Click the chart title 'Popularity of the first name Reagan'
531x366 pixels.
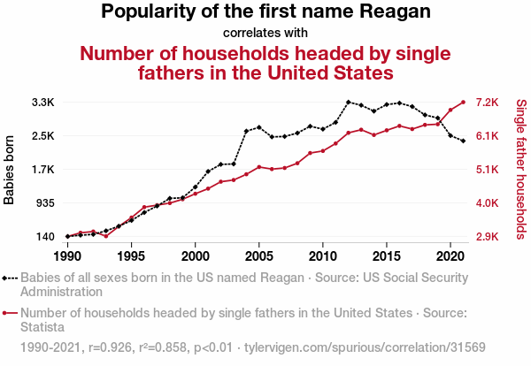[265, 12]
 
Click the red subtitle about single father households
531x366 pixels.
[266, 62]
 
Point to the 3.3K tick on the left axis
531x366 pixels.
[42, 103]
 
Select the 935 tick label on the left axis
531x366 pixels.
[44, 203]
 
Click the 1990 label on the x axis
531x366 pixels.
[67, 255]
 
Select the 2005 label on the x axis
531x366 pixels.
[258, 255]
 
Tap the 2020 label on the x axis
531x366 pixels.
[450, 255]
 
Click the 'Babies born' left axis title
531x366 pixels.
[10, 170]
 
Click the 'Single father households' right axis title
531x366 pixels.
[520, 170]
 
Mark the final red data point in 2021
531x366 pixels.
[463, 102]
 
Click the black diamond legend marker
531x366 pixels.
[10, 277]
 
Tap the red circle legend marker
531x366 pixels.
[10, 312]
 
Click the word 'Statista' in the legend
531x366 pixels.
[42, 327]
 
